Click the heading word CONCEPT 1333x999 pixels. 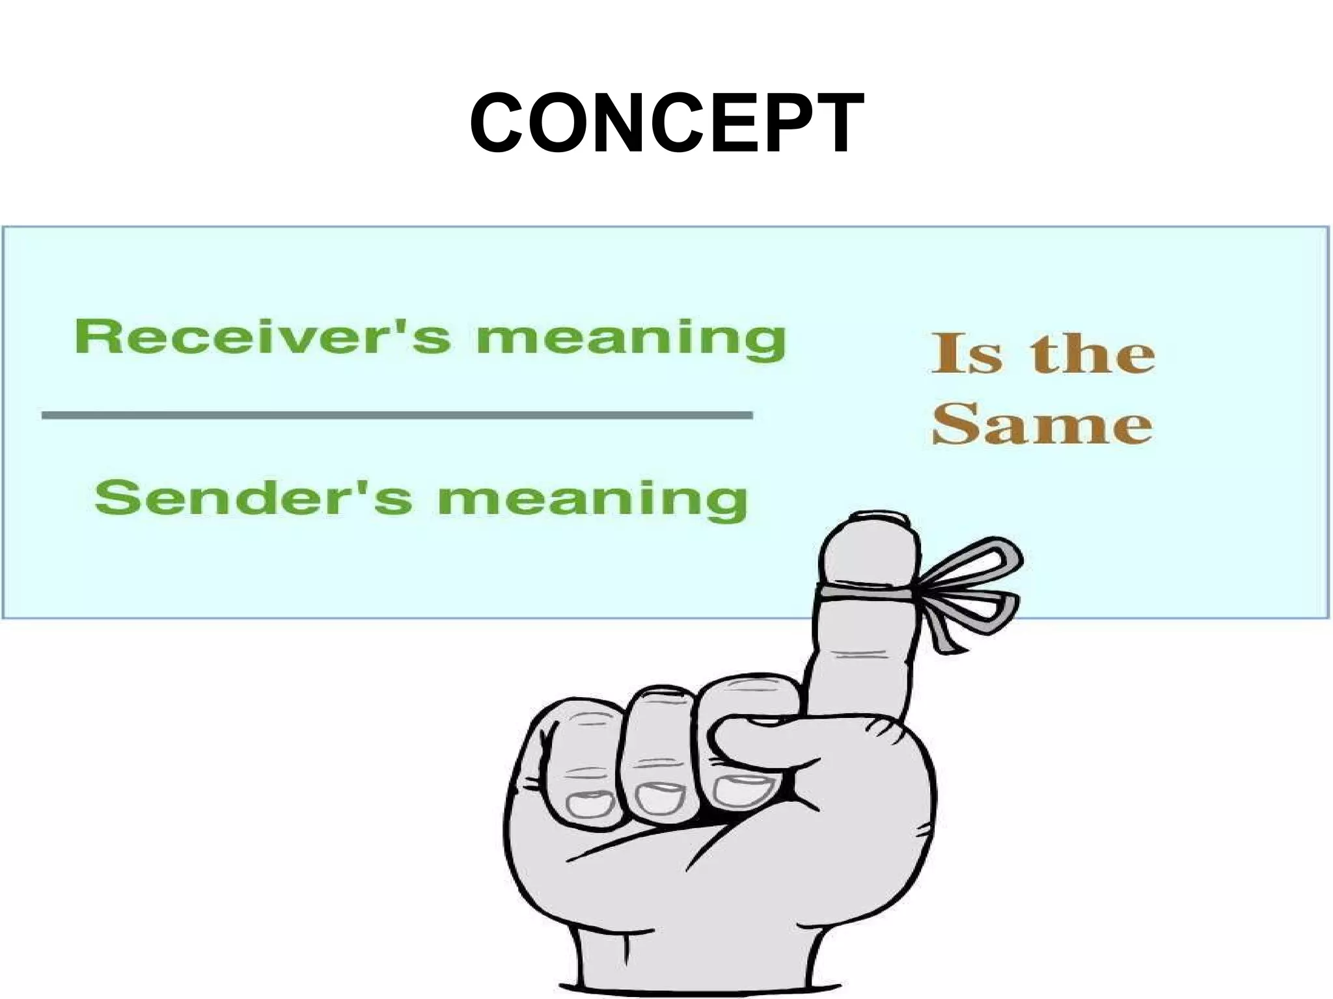(666, 124)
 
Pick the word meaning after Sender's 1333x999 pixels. (592, 501)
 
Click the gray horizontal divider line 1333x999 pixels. (397, 415)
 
